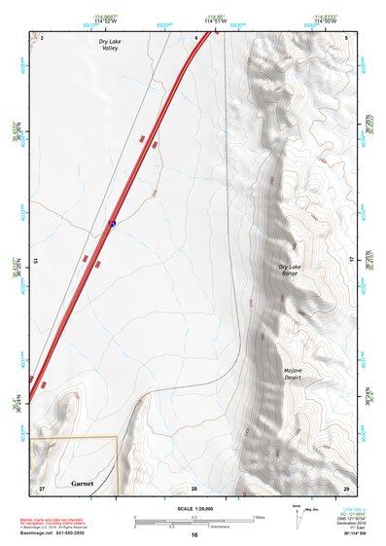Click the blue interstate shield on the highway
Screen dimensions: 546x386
112,224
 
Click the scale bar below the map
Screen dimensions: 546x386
193,521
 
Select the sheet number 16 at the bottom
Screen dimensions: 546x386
194,535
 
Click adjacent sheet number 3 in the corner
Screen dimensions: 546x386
43,38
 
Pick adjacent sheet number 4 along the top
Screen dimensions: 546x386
195,38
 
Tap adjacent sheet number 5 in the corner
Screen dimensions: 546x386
346,38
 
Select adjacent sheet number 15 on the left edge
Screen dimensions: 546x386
35,261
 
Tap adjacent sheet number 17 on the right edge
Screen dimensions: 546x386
353,261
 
